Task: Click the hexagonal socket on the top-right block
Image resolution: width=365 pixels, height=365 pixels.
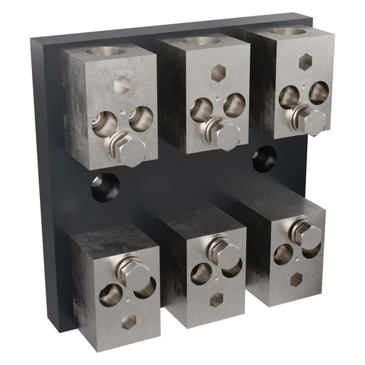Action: (305, 62)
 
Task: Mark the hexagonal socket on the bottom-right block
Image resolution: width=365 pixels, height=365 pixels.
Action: (296, 279)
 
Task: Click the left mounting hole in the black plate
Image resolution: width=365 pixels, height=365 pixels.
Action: (106, 187)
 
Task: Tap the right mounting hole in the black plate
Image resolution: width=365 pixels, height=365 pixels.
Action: (264, 159)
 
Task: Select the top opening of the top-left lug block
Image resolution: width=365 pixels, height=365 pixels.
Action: (106, 51)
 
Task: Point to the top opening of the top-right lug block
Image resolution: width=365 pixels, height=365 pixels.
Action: (287, 31)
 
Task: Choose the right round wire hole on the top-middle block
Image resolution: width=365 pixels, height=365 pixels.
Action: (234, 105)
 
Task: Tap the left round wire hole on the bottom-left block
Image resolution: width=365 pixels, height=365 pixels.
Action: (111, 295)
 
